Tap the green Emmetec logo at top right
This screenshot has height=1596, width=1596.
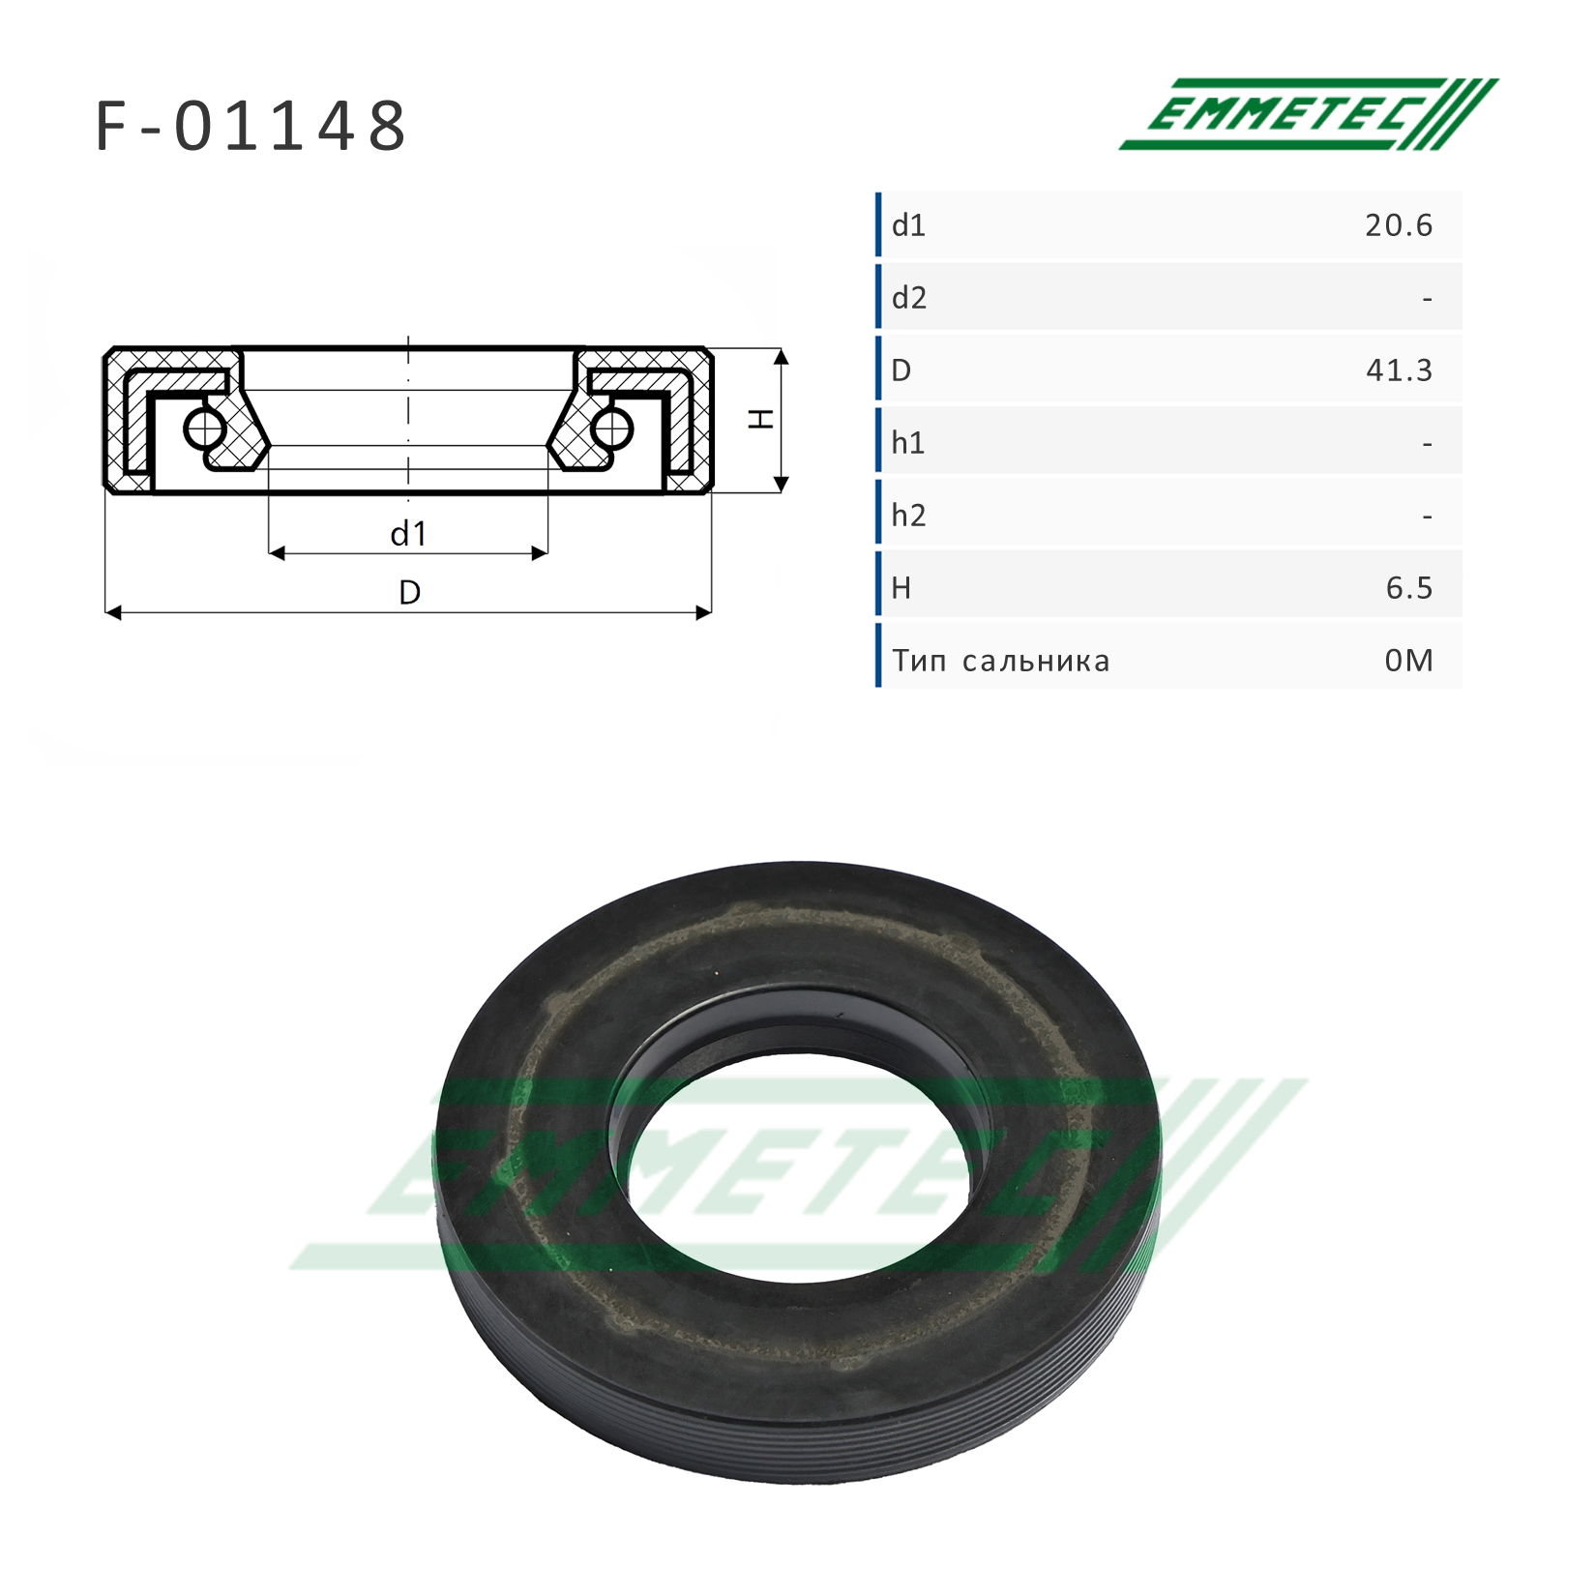(1308, 114)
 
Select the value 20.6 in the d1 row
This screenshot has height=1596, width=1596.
(1399, 225)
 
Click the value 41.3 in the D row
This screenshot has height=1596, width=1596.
(1399, 370)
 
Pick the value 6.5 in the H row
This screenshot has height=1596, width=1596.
(1409, 588)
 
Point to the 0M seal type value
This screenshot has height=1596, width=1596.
(1409, 661)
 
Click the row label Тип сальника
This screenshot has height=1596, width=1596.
(1001, 662)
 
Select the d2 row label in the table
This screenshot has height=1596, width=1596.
(909, 298)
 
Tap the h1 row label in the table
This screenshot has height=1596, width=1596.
(908, 443)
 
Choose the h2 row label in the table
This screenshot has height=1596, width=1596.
(909, 516)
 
